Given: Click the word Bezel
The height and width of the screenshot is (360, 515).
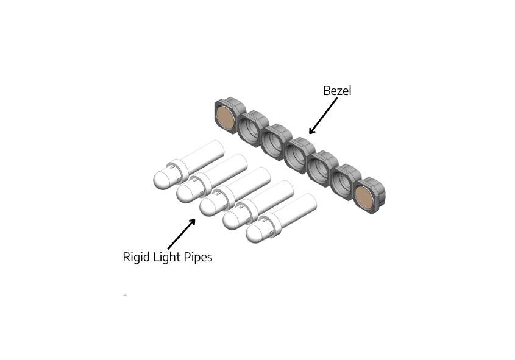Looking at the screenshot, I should tap(337, 91).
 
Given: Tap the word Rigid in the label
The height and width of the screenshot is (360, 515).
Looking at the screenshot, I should tap(135, 257).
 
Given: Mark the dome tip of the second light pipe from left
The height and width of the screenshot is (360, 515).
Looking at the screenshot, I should tap(185, 193).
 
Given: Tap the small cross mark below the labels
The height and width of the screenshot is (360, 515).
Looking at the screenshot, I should tap(125, 295).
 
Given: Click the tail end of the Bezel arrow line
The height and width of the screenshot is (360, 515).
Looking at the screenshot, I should tap(336, 100).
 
